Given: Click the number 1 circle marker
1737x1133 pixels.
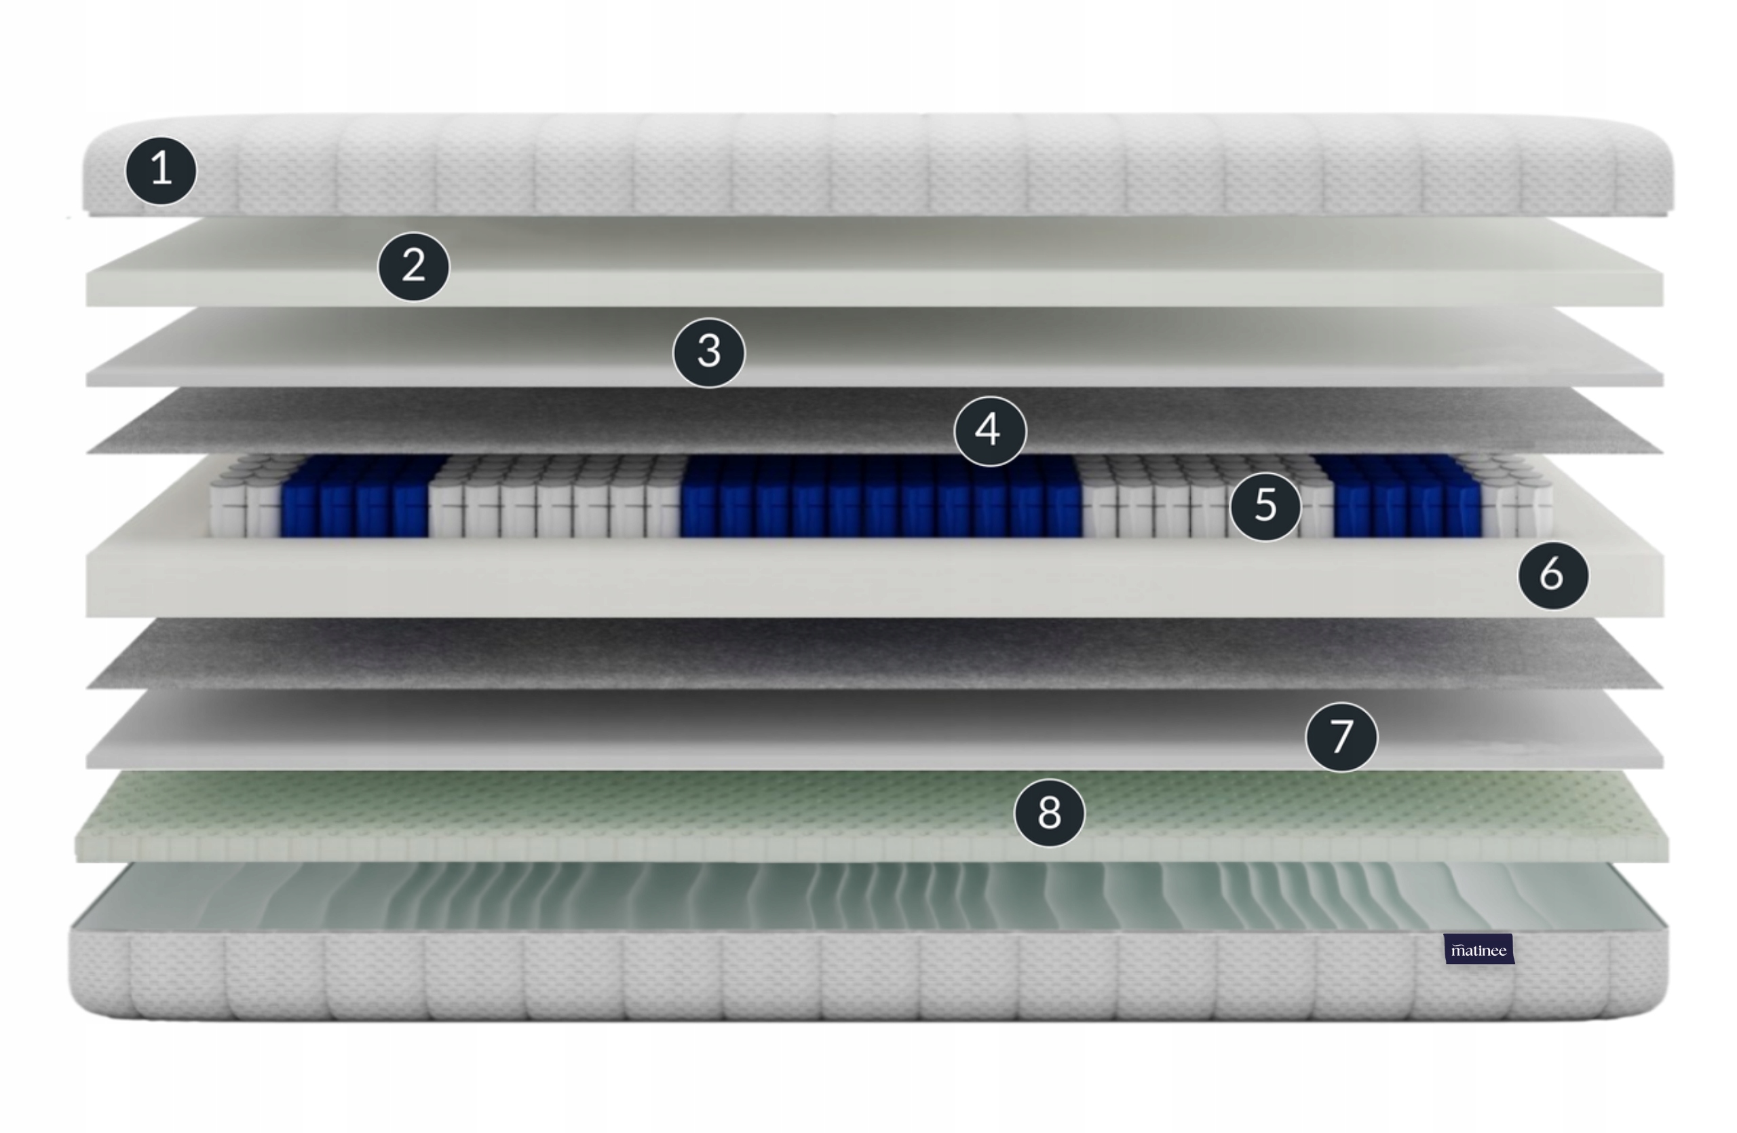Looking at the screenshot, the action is (x=161, y=170).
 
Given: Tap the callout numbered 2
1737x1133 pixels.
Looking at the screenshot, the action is (x=414, y=267).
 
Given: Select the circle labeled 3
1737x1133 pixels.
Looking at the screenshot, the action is (x=708, y=352).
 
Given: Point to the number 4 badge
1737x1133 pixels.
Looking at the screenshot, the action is (x=990, y=430).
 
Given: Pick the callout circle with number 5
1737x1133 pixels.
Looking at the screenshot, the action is (x=1265, y=506).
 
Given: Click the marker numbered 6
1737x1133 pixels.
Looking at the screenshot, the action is (x=1553, y=575).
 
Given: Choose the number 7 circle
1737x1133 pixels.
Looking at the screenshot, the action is (x=1341, y=737).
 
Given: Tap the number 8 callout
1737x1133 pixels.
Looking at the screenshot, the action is (x=1050, y=813).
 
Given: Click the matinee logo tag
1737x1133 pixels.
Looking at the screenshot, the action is (x=1478, y=949).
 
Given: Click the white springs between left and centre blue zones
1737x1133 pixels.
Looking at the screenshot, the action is (x=556, y=498).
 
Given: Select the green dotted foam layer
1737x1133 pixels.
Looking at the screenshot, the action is (x=872, y=816).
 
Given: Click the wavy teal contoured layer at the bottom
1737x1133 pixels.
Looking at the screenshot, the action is (x=868, y=897).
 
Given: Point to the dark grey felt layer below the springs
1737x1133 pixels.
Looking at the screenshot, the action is (x=875, y=653).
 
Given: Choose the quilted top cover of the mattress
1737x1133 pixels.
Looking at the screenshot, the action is (x=878, y=165).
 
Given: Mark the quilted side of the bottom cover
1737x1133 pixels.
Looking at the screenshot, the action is (x=868, y=976).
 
